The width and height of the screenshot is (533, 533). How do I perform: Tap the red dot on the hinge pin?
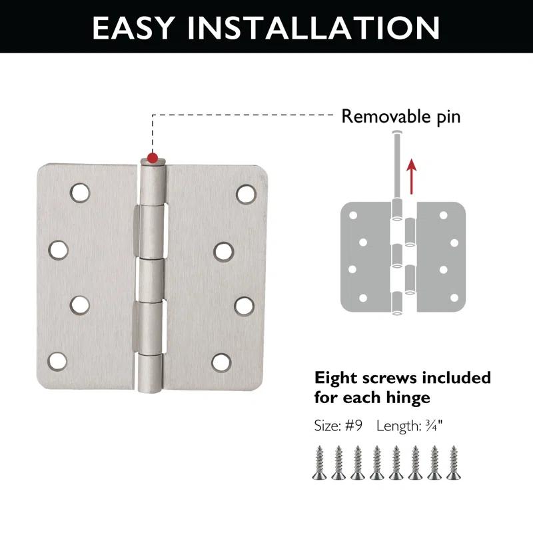153,158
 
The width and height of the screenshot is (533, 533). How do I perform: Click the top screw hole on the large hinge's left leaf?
80,193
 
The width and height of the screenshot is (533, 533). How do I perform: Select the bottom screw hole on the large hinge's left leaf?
57,362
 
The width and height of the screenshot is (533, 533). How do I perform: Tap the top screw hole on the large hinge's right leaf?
245,193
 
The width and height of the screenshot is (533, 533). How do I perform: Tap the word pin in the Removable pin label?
446,117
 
